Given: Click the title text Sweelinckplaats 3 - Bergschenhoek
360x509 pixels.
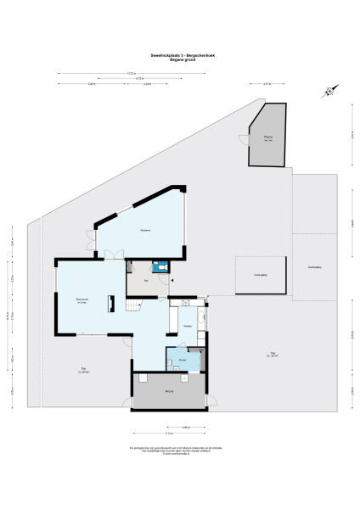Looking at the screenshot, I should pos(179,55).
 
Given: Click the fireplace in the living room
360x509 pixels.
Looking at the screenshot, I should pos(110,304).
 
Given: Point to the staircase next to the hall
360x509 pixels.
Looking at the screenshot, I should pos(131,305).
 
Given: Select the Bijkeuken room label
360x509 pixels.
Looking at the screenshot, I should pos(183,359).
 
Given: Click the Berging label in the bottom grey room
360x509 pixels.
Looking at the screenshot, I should pos(169,390).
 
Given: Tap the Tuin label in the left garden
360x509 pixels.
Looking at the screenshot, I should pos(83,368).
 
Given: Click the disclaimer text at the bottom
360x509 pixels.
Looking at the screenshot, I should pos(179,449).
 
